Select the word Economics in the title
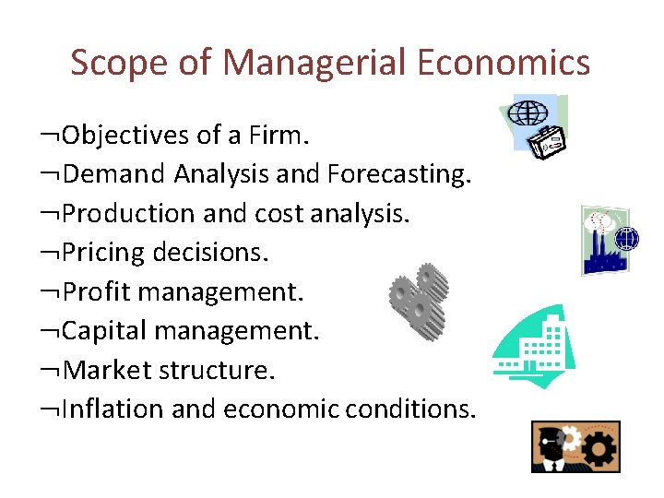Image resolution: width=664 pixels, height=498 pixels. coord(504,63)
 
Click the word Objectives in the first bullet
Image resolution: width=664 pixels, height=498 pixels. coord(125,136)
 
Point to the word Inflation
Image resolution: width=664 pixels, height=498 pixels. coord(113,409)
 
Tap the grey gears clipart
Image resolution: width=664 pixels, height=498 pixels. coord(418,300)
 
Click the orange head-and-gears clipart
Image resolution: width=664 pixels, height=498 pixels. coord(575,446)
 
